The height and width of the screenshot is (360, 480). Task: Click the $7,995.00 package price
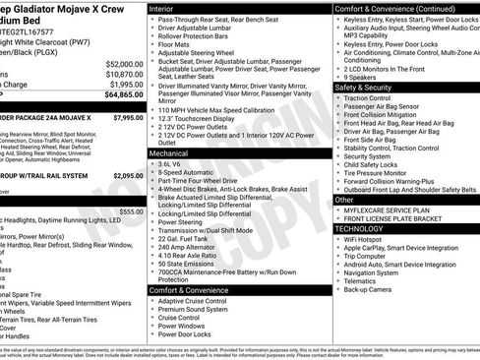point(128,117)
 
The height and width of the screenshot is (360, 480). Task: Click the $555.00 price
point(130,211)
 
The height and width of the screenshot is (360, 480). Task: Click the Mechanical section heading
point(172,154)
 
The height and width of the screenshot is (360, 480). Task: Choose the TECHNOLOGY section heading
point(360,228)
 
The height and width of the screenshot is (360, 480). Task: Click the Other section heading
point(344,200)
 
